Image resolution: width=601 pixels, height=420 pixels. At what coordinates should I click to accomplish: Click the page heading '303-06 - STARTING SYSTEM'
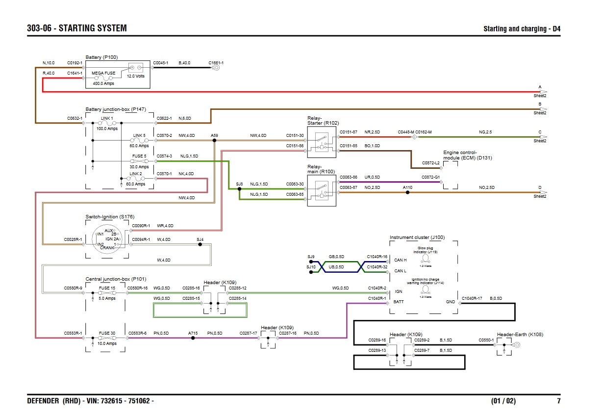point(77,28)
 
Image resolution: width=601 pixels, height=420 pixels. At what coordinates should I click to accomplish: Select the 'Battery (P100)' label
point(101,57)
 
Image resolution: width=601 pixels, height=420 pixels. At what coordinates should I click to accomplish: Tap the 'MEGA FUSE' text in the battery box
point(103,73)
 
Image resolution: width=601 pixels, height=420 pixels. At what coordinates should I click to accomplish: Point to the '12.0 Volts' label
point(136,77)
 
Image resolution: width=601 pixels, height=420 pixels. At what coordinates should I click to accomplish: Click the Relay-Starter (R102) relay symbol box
point(322,142)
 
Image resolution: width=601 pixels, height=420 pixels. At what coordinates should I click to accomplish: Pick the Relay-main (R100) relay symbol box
point(322,191)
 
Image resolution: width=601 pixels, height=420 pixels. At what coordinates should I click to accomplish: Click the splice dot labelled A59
point(214,140)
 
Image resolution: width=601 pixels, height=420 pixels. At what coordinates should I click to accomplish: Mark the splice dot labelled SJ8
point(239,189)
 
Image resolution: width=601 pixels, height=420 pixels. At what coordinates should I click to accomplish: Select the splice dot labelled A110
point(407,192)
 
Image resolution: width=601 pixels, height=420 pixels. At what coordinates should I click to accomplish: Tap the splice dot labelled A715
point(193,338)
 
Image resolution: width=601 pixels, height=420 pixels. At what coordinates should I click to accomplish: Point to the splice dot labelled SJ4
point(200,244)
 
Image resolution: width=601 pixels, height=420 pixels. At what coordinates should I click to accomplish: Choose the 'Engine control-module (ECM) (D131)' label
point(467,155)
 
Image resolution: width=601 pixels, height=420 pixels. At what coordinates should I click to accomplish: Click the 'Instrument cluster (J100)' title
point(417,237)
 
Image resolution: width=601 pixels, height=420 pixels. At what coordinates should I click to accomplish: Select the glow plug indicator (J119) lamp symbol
point(425,258)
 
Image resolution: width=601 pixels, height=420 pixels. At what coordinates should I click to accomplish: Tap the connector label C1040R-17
point(472,298)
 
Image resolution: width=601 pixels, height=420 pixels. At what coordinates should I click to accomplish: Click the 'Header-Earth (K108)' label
point(520,335)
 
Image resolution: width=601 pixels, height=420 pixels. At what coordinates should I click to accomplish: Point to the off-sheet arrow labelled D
point(542,192)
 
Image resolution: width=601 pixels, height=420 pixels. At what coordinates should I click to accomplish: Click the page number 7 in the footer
point(558,401)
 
